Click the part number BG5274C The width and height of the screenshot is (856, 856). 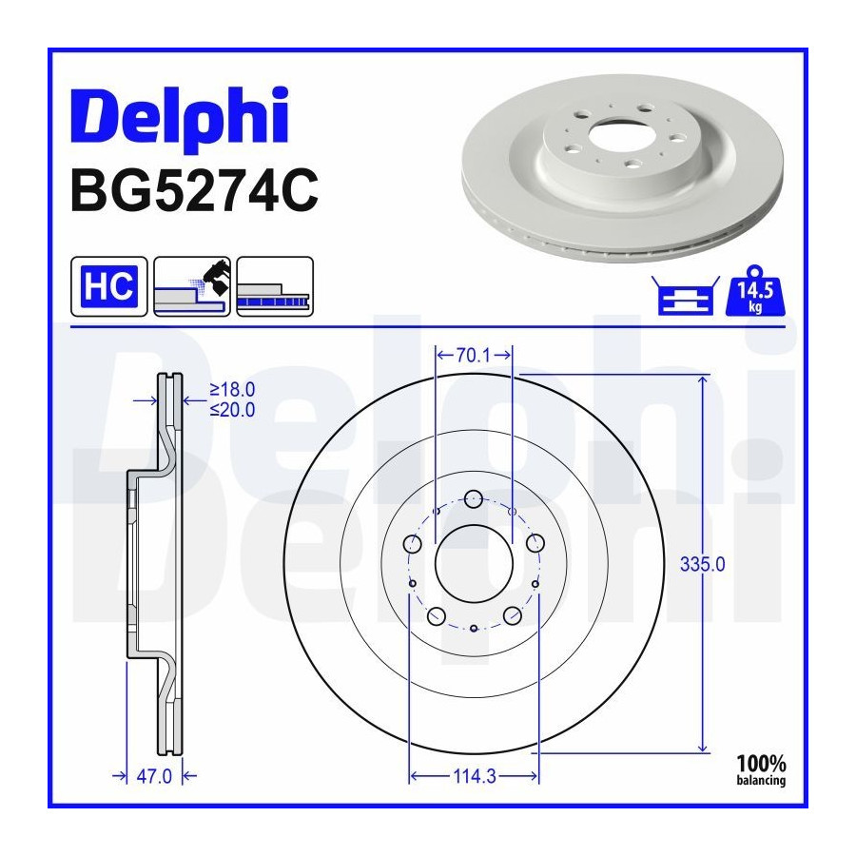click(x=194, y=190)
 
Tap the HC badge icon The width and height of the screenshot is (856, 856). click(x=109, y=286)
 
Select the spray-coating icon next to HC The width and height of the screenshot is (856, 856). click(x=192, y=286)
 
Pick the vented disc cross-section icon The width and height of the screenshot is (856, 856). click(x=275, y=286)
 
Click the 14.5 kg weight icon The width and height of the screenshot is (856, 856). click(x=755, y=291)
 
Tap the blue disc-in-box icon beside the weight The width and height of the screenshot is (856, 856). click(x=685, y=296)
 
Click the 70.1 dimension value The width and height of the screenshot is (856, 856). click(x=474, y=356)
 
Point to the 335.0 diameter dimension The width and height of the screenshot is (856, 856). click(x=703, y=564)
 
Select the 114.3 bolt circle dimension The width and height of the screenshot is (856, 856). click(x=475, y=776)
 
